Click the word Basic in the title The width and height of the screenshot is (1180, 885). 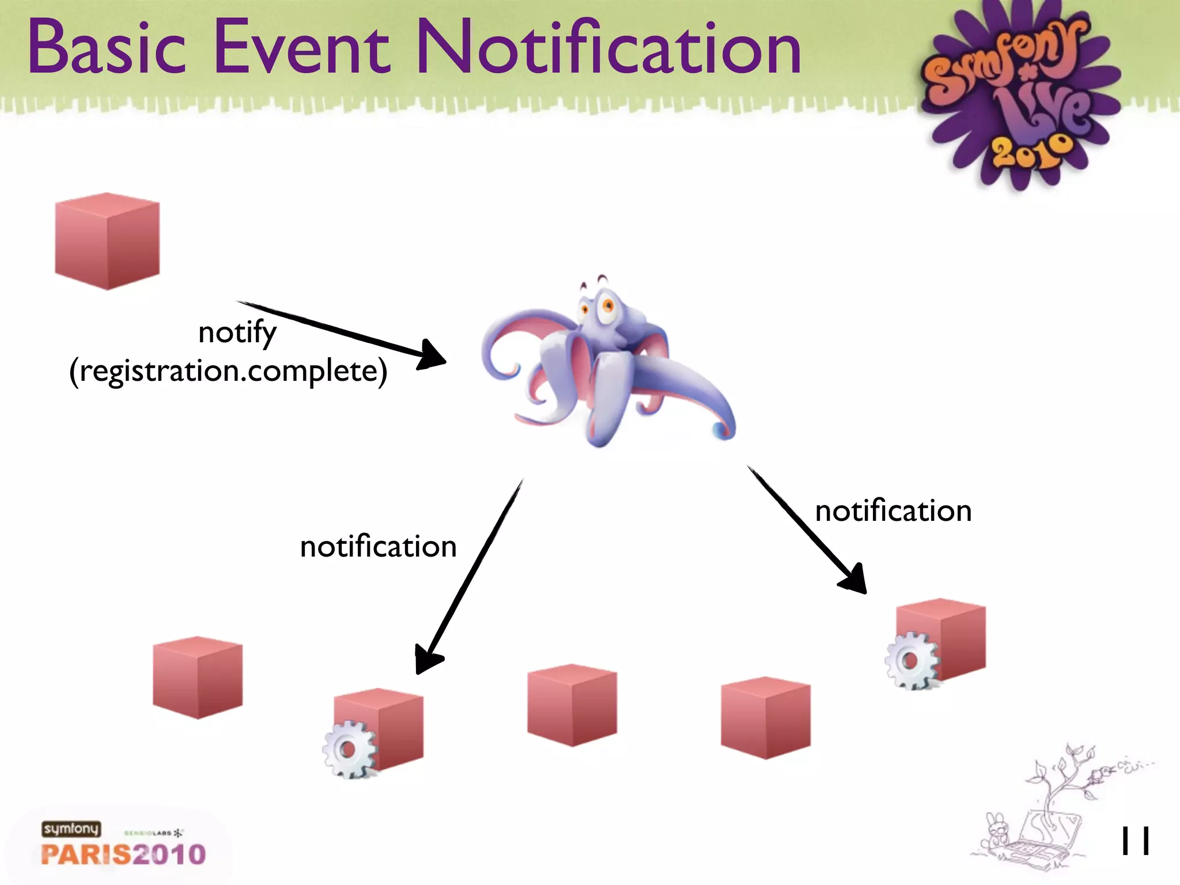[x=107, y=47]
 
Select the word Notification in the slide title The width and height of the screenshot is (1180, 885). [x=608, y=47]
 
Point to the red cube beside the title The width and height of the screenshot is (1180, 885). [x=107, y=241]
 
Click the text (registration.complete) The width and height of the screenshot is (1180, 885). [x=228, y=371]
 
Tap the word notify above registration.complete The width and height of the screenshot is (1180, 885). [x=237, y=332]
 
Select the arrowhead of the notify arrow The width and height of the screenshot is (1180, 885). [x=432, y=355]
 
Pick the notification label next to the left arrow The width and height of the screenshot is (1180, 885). [x=378, y=546]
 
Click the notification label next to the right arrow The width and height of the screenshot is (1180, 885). [x=893, y=511]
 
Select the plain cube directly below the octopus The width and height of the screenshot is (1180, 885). [x=572, y=705]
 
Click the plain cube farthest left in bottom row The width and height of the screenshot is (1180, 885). [x=198, y=678]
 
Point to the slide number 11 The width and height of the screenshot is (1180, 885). [x=1135, y=841]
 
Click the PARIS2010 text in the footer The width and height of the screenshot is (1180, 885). [x=123, y=854]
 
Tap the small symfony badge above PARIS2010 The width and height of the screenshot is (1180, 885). [x=71, y=829]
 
